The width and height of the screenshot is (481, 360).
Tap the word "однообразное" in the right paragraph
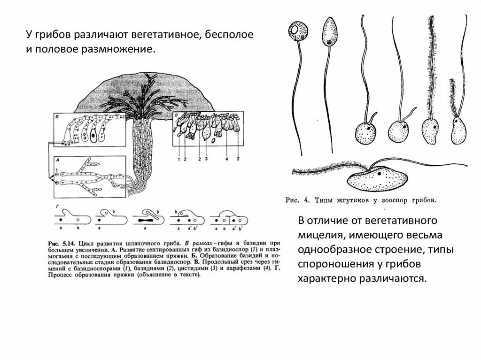(328, 249)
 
